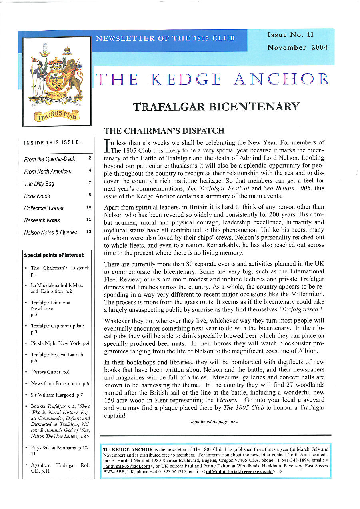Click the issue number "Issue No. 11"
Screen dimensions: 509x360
[290, 35]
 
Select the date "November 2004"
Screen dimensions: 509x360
[297, 47]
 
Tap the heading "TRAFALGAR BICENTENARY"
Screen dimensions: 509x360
[216, 107]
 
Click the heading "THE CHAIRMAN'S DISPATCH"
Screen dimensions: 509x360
[164, 131]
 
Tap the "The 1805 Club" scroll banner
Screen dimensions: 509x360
[58, 115]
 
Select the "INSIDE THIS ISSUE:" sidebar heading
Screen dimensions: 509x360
[53, 143]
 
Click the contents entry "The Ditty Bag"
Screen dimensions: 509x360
[39, 184]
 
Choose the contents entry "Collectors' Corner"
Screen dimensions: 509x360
[44, 208]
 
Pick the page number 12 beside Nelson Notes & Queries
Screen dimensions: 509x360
[89, 232]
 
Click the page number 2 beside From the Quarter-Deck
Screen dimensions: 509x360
[90, 158]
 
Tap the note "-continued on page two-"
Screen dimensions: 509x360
[214, 422]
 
